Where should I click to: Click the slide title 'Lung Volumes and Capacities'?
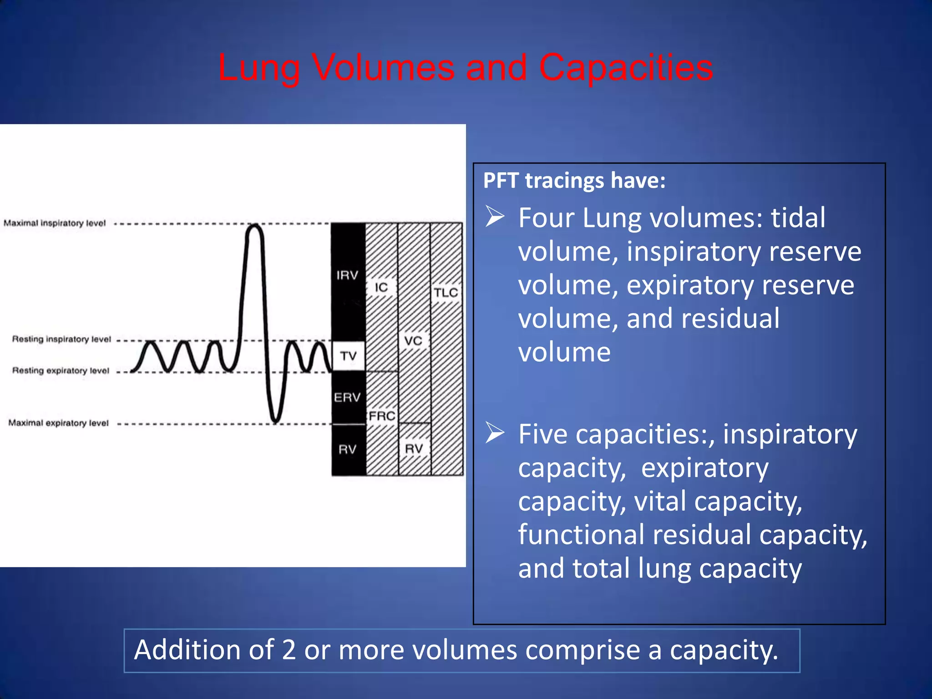point(465,67)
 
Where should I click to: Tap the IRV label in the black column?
point(347,275)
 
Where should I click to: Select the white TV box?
point(348,355)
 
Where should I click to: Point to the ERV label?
point(347,397)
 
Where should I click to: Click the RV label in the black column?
point(347,450)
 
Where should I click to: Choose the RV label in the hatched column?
point(414,449)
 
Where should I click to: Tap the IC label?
point(381,287)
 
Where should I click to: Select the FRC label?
point(382,416)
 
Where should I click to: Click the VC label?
point(413,340)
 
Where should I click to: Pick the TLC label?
point(446,292)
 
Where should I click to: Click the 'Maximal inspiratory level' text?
point(55,223)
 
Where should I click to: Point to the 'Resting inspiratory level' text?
point(61,339)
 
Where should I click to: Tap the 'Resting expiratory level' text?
point(61,370)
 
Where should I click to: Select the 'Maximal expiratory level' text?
point(58,423)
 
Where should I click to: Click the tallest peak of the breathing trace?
point(254,226)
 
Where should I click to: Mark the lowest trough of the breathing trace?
point(275,421)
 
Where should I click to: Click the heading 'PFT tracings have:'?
point(574,180)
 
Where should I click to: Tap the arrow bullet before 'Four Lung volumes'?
point(495,216)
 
